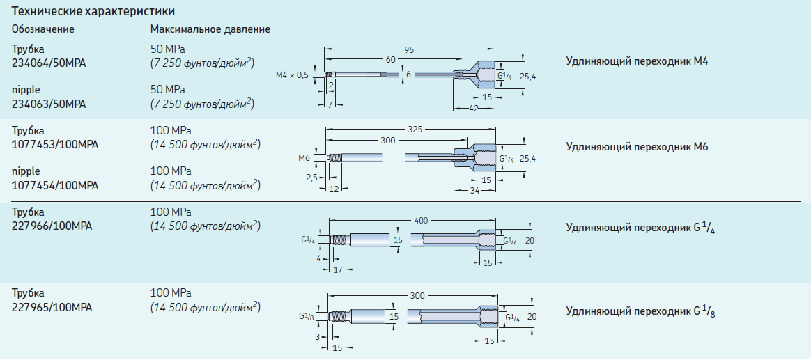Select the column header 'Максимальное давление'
pyautogui.click(x=210, y=29)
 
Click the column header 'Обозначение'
pyautogui.click(x=43, y=29)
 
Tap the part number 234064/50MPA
pyautogui.click(x=49, y=63)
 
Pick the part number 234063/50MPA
pyautogui.click(x=49, y=104)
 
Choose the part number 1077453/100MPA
pyautogui.click(x=55, y=145)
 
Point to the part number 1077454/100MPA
pyautogui.click(x=55, y=185)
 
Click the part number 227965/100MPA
pyautogui.click(x=52, y=307)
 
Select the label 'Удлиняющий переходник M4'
pyautogui.click(x=637, y=62)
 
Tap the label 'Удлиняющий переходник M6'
pyautogui.click(x=637, y=147)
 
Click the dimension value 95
pyautogui.click(x=410, y=49)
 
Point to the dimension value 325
pyautogui.click(x=414, y=130)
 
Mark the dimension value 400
pyautogui.click(x=422, y=220)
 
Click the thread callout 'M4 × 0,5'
pyautogui.click(x=292, y=75)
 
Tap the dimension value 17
pyautogui.click(x=337, y=269)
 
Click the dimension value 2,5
pyautogui.click(x=311, y=178)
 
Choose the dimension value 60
pyautogui.click(x=390, y=60)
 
